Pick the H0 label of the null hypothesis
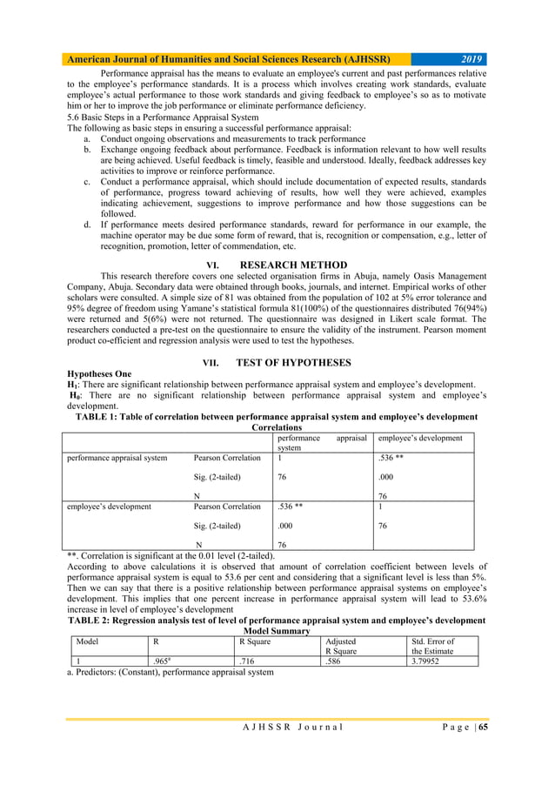(x=77, y=395)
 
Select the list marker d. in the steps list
(x=88, y=225)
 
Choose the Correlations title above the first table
(x=277, y=428)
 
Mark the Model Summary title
(x=277, y=632)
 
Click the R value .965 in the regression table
(x=162, y=661)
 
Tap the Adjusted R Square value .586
(x=333, y=661)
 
